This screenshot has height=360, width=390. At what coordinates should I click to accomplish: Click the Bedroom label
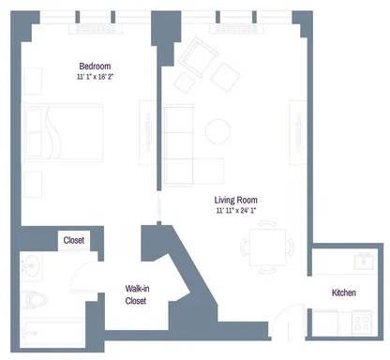(x=95, y=67)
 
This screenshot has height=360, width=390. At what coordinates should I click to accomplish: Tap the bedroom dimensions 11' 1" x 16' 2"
(x=95, y=77)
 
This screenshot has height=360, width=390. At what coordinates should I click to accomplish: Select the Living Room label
(x=236, y=200)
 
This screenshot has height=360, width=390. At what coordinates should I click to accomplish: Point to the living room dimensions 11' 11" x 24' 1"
(x=236, y=210)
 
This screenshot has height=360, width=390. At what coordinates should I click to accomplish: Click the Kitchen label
(x=344, y=292)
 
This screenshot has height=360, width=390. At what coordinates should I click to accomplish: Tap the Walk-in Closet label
(x=137, y=294)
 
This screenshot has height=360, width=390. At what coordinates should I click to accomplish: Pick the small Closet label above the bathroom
(x=74, y=240)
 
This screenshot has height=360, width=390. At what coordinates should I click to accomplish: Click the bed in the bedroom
(x=63, y=133)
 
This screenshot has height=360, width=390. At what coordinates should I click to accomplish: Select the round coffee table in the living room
(x=217, y=131)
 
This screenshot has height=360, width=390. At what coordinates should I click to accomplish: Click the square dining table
(x=267, y=247)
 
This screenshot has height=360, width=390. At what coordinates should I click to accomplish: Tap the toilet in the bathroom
(x=34, y=300)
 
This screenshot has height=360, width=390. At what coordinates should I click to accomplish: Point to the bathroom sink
(x=31, y=265)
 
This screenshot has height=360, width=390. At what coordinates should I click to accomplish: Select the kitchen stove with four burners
(x=362, y=322)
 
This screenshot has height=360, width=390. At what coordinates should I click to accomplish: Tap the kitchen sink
(x=364, y=262)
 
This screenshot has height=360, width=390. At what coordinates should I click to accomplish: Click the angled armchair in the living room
(x=199, y=57)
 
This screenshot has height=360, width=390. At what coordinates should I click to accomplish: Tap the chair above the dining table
(x=267, y=224)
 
